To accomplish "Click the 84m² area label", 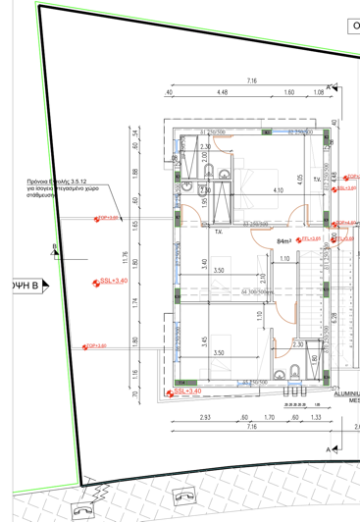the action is tap(285, 240).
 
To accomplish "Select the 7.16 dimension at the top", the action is tap(252, 80).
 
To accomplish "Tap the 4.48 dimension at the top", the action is tap(222, 93).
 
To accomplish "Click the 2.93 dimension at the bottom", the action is tap(204, 418).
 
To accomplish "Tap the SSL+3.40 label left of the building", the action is tap(113, 281).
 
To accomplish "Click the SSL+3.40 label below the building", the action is tap(185, 391).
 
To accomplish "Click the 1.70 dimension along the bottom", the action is tap(269, 418).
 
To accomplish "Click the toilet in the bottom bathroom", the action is tap(295, 371).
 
